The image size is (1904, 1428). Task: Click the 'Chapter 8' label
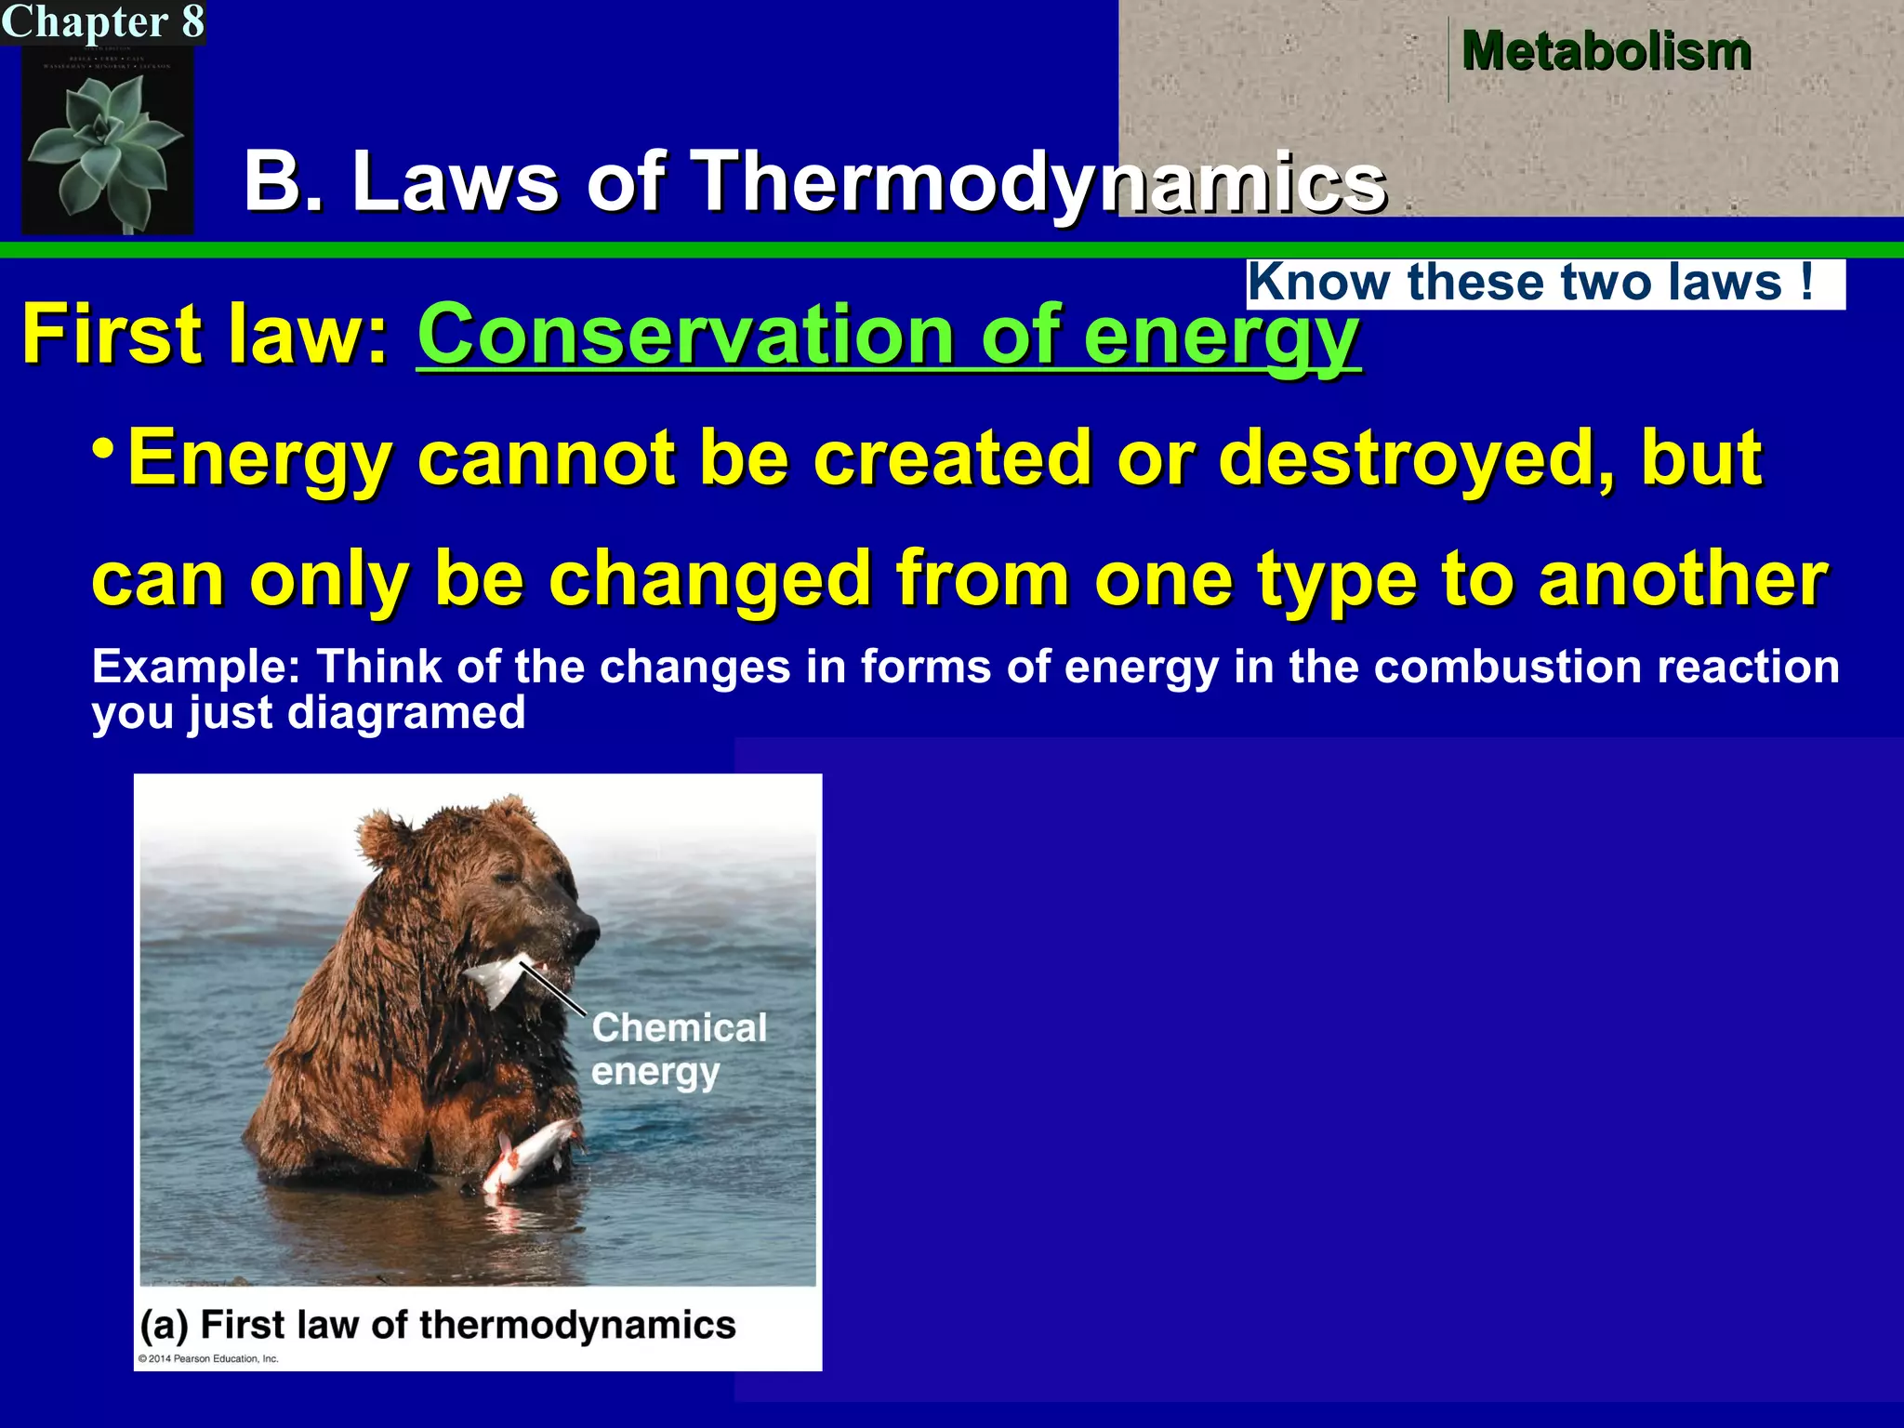[102, 21]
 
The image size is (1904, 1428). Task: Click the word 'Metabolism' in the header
[1606, 51]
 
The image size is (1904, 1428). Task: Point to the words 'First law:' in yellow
[205, 335]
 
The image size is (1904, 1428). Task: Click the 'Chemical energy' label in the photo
[679, 1049]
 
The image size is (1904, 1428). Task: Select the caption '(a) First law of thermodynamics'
[437, 1325]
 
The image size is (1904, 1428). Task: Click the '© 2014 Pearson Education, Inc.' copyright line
[208, 1358]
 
